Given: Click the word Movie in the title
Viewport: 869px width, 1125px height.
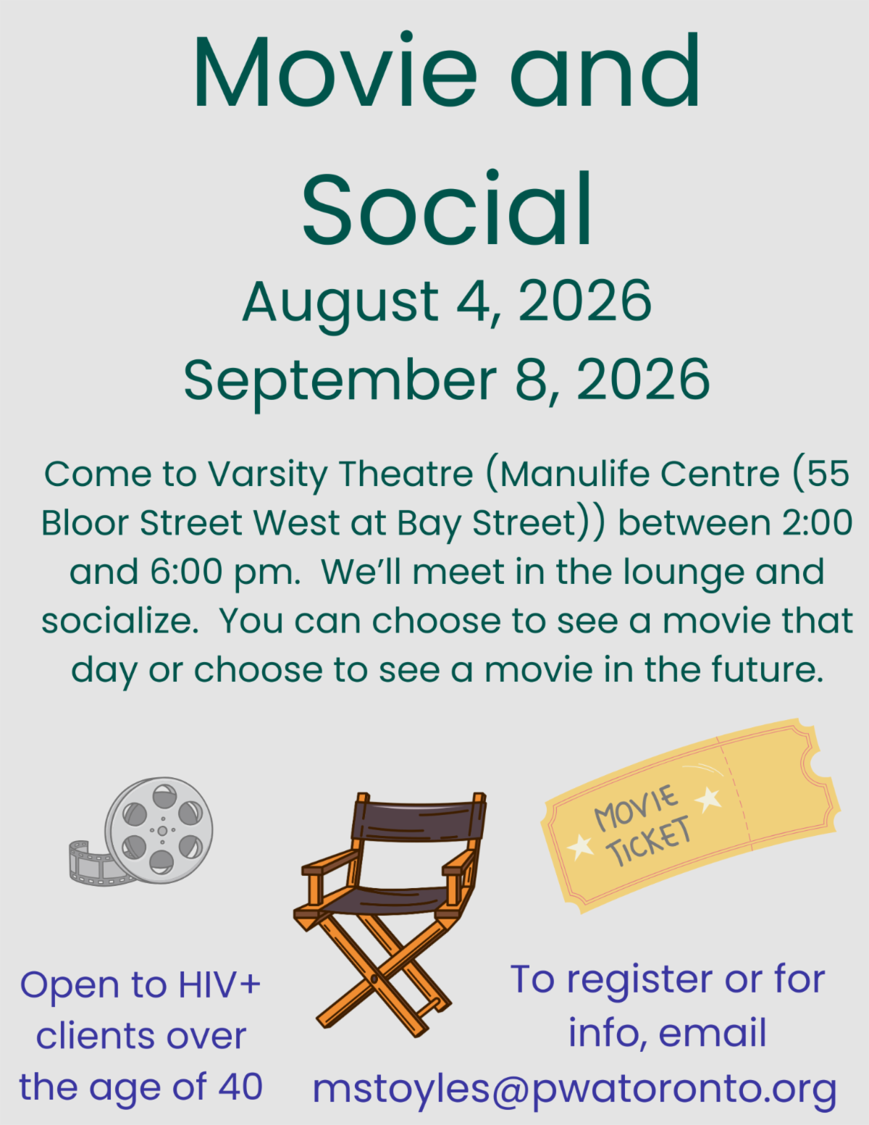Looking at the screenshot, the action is (x=335, y=71).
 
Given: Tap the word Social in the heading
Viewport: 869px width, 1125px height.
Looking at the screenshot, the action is (x=448, y=207).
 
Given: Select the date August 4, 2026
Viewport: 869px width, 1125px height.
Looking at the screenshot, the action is (x=447, y=304).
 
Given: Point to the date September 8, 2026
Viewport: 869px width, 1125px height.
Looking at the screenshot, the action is (x=447, y=382).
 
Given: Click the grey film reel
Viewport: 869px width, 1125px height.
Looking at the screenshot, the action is (x=159, y=831).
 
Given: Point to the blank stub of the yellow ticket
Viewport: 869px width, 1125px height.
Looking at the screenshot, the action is (x=781, y=785).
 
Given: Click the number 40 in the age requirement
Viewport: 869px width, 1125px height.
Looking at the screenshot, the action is (x=240, y=1086).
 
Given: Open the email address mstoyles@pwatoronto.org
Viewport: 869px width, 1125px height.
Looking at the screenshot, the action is (x=574, y=1089).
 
